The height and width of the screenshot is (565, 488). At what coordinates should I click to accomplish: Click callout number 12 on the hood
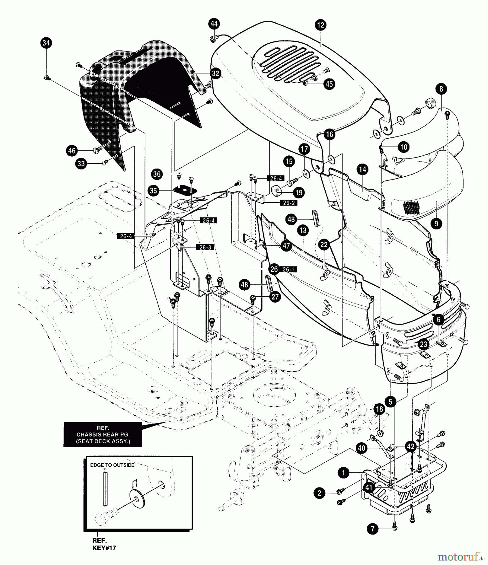point(321,25)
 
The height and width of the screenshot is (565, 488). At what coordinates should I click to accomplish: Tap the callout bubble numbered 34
point(46,43)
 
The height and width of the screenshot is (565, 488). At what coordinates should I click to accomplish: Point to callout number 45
point(329,84)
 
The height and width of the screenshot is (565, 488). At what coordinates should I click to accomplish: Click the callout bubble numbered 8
point(441,89)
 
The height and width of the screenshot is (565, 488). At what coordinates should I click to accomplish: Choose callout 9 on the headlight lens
point(436,223)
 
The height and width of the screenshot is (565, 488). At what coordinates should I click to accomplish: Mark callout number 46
point(72,151)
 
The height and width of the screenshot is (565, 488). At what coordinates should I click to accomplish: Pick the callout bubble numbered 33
point(81,164)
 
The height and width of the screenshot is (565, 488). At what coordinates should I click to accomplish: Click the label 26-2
point(289,203)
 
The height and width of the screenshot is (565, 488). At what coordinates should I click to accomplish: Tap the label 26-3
point(205,247)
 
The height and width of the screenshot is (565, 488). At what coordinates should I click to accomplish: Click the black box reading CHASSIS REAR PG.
point(103,434)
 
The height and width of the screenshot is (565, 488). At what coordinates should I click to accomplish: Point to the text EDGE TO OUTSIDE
point(112,465)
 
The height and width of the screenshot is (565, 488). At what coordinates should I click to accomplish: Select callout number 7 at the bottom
point(372,529)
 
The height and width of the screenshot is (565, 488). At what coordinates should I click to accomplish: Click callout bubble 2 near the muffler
point(320,493)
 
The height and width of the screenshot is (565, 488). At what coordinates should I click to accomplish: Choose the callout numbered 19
point(299,192)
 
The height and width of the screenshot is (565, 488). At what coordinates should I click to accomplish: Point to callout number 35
point(154,191)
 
